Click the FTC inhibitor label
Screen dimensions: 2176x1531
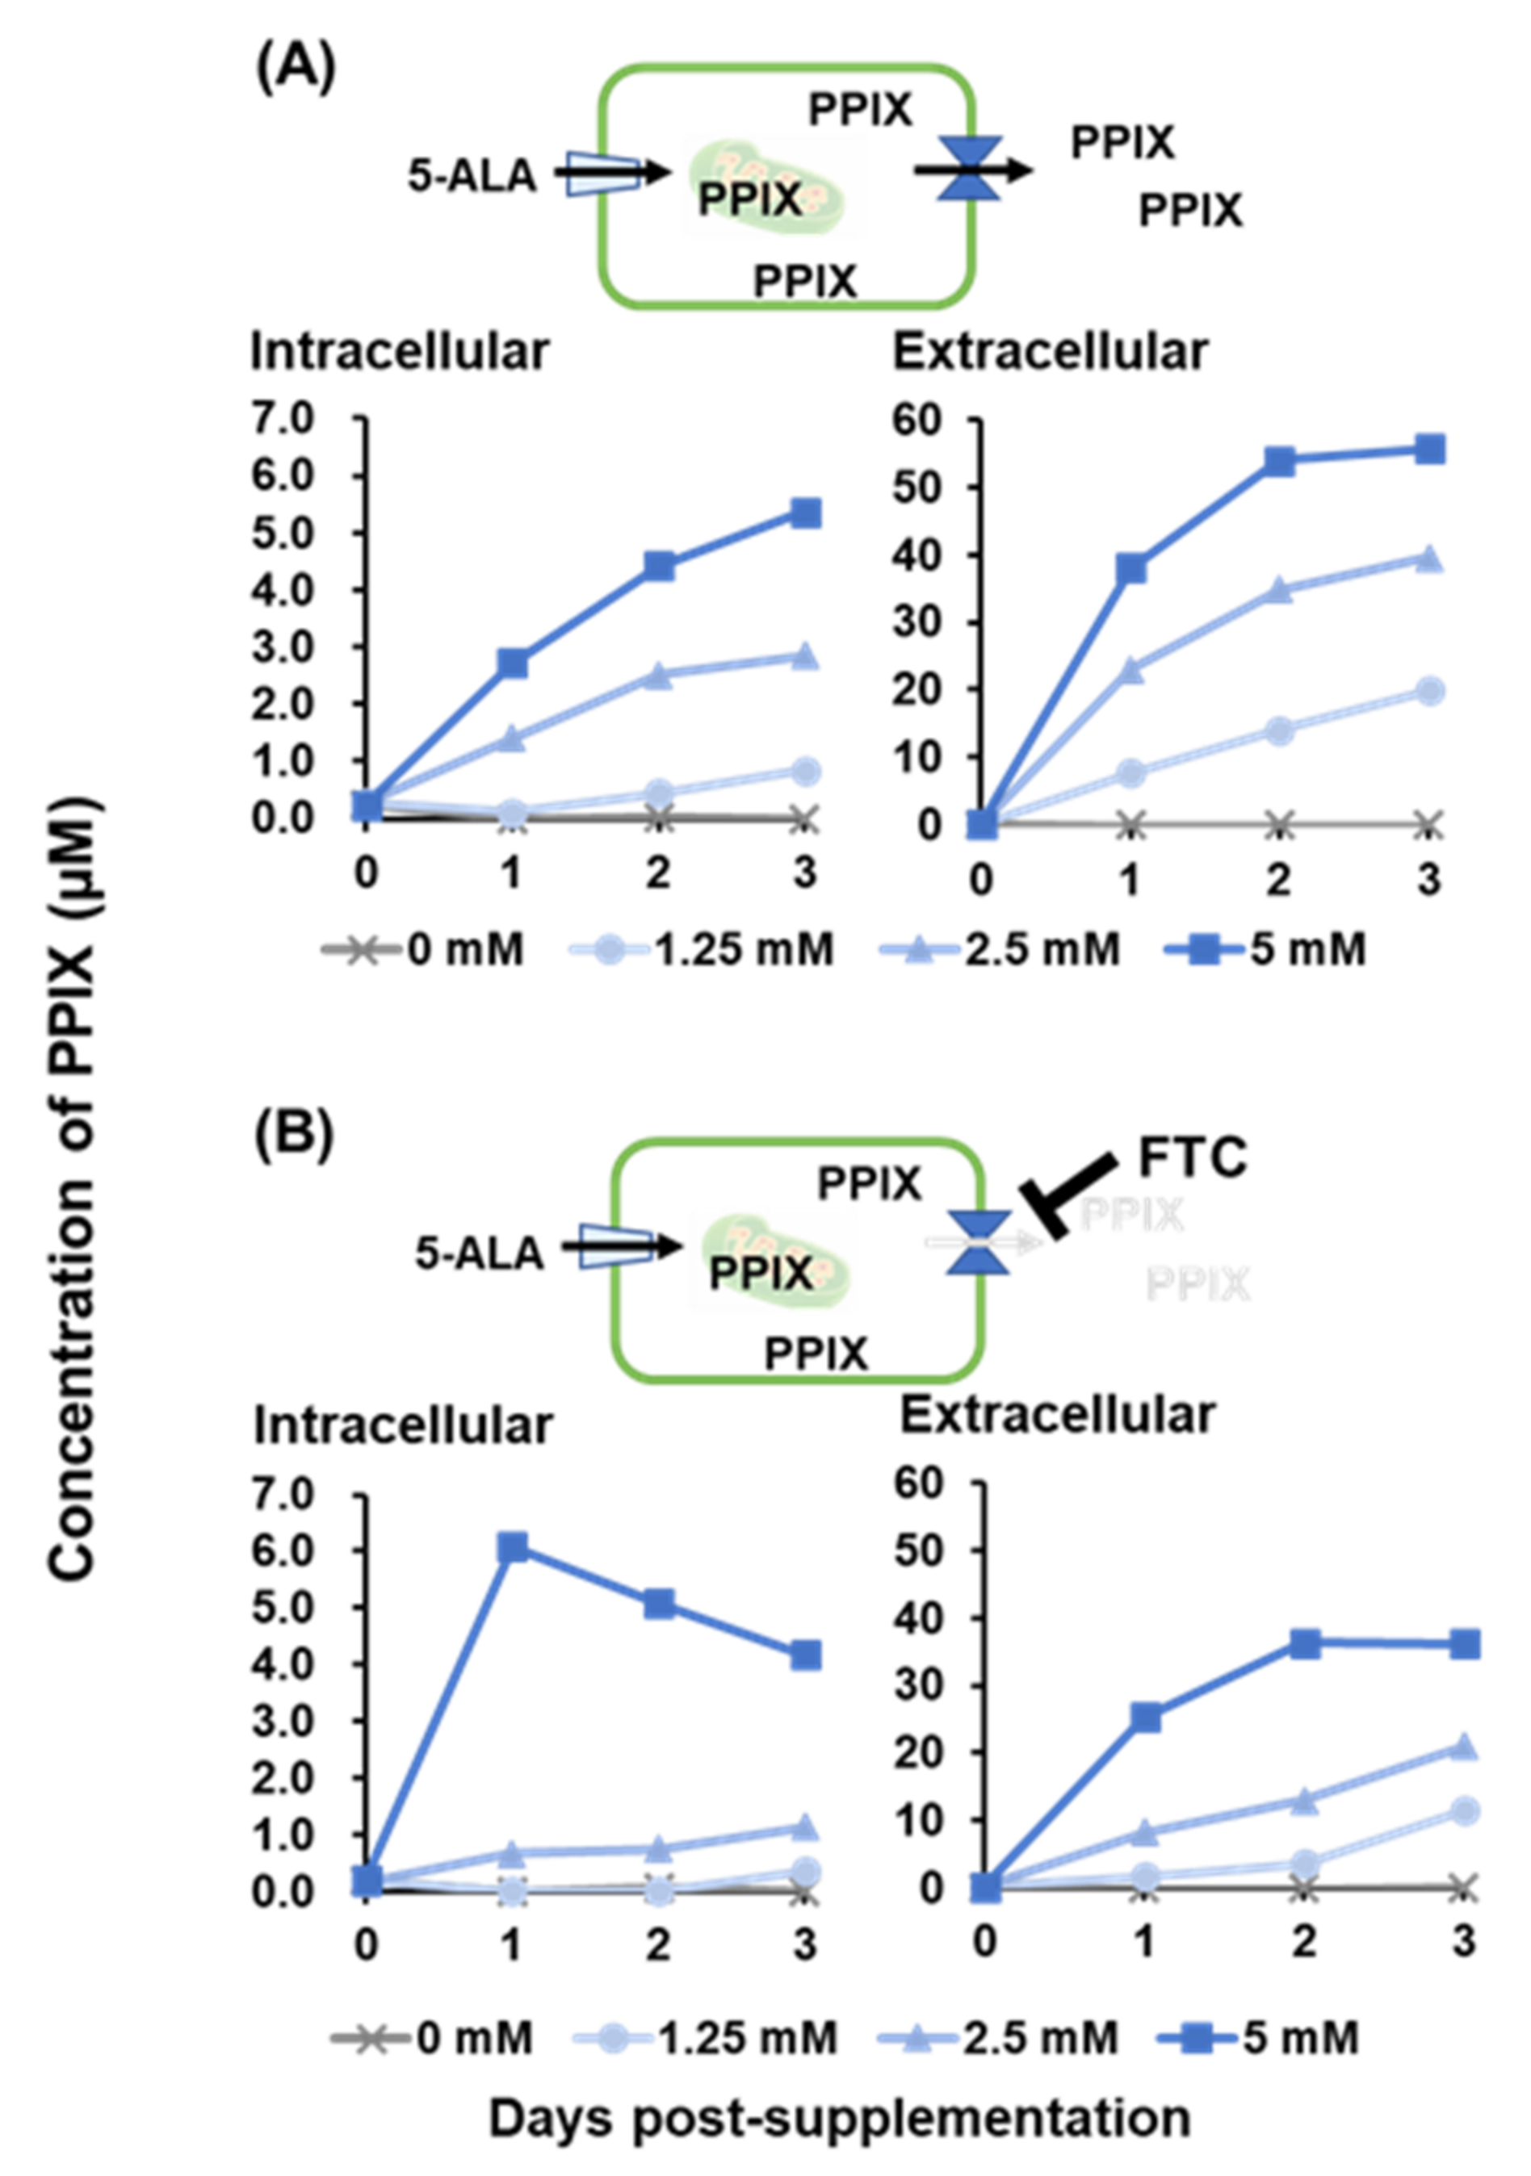click(x=1191, y=1158)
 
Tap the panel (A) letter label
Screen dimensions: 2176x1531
click(x=295, y=70)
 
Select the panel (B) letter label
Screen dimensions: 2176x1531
click(x=294, y=1136)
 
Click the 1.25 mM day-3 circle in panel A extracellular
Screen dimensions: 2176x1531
click(x=1428, y=691)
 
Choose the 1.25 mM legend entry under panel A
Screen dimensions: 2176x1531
click(x=702, y=948)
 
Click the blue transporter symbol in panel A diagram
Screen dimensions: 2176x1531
click(x=969, y=169)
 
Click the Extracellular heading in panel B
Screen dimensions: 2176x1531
click(x=1057, y=1416)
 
